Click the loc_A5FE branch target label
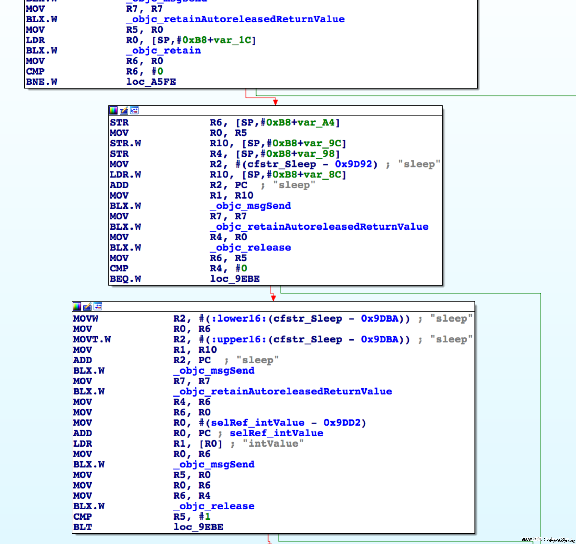click(151, 82)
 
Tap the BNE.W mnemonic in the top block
click(41, 82)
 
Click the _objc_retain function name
click(164, 51)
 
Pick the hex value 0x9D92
click(353, 164)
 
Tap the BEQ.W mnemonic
click(125, 279)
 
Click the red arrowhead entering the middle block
click(276, 102)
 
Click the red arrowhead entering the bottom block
click(273, 298)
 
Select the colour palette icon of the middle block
click(113, 110)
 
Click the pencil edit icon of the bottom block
click(87, 306)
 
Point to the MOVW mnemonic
click(86, 319)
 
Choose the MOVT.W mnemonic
click(92, 339)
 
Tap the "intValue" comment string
click(273, 444)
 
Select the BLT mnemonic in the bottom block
click(83, 527)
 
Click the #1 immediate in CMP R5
click(205, 517)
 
